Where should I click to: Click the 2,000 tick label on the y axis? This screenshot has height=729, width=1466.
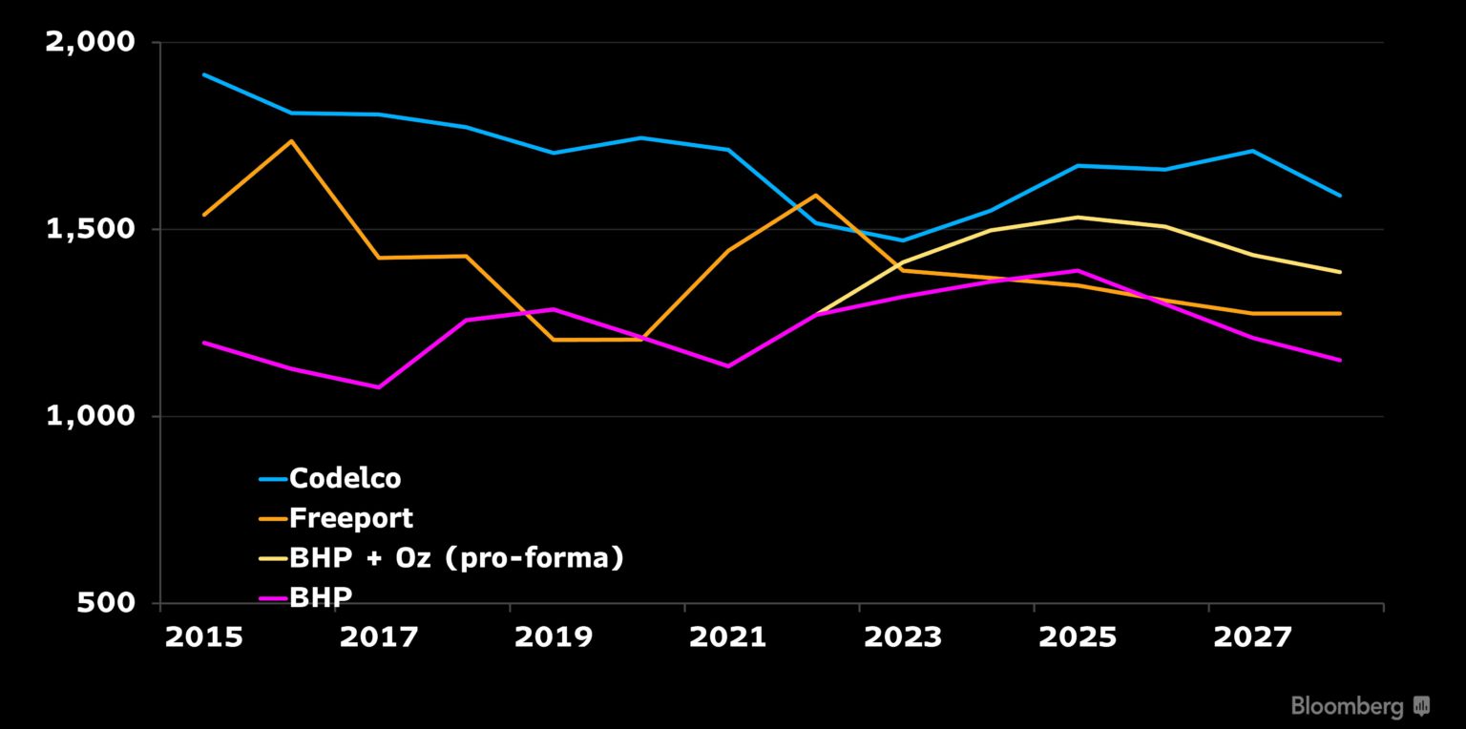coord(92,43)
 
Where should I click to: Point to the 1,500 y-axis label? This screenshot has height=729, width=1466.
coord(92,230)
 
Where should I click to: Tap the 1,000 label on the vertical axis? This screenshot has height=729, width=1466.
coord(92,417)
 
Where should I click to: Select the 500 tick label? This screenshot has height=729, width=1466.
coord(113,603)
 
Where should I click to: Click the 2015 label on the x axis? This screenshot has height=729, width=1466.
coord(203,636)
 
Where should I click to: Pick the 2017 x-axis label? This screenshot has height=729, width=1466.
coord(378,636)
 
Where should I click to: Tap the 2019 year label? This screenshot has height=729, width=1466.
coord(553,636)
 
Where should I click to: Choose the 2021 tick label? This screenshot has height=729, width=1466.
coord(727,636)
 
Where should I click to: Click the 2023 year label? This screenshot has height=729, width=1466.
coord(902,636)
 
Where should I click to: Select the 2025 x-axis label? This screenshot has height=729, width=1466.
coord(1077,636)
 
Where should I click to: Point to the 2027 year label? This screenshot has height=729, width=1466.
coord(1251,636)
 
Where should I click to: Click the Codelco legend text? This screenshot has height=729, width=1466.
coord(345,478)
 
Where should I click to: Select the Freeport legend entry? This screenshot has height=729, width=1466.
coord(350,518)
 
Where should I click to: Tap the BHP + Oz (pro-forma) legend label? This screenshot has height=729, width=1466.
coord(456,558)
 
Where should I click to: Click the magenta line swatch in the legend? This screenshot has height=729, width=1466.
coord(272,597)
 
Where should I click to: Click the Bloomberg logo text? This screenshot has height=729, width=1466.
coord(1347,706)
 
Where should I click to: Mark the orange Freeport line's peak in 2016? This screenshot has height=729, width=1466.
coord(291,141)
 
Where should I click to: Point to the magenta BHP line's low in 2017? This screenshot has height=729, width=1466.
coord(379,387)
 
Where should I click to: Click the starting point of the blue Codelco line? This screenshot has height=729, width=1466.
coord(204,74)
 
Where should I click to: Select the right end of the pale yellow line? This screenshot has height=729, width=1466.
coord(1340,272)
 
